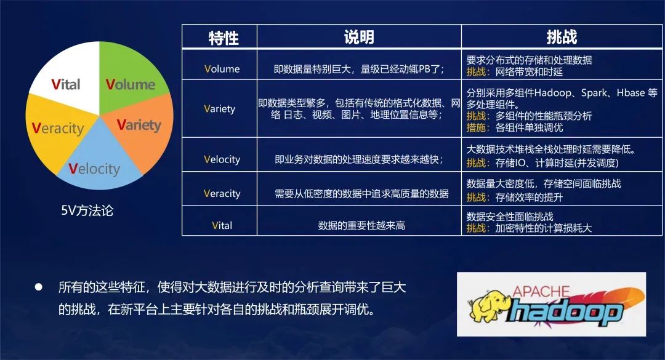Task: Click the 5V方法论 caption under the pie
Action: (x=87, y=210)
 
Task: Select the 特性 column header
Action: (x=224, y=38)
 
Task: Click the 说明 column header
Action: (x=359, y=37)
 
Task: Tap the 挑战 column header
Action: (x=562, y=37)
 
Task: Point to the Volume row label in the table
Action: (x=222, y=69)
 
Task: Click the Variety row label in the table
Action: (x=219, y=108)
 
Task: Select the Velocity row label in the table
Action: (x=222, y=159)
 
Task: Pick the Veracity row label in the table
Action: (x=222, y=193)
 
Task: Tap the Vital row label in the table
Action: (x=222, y=225)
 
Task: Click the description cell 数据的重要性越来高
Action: (x=361, y=226)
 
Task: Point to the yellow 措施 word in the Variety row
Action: (x=475, y=127)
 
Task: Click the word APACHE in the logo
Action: (x=541, y=292)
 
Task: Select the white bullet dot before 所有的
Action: (x=39, y=287)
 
